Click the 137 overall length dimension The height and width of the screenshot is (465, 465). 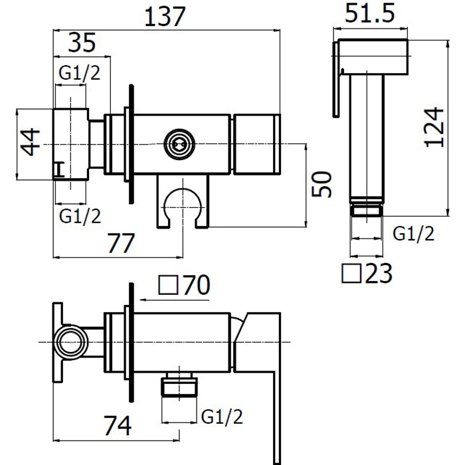click(x=165, y=17)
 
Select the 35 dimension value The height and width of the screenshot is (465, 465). click(x=82, y=43)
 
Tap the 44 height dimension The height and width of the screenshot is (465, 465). click(x=31, y=141)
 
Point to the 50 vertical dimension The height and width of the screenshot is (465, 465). click(x=322, y=184)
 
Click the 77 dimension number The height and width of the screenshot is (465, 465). click(x=122, y=243)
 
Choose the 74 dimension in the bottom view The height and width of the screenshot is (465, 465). click(x=118, y=426)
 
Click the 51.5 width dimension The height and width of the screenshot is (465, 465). click(x=370, y=13)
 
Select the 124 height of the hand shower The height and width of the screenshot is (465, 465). click(x=434, y=128)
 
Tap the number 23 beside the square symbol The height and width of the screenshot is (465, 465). click(x=379, y=273)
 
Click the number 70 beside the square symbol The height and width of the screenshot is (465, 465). click(x=197, y=285)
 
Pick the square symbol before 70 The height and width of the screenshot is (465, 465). click(x=168, y=285)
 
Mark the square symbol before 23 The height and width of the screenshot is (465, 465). click(x=351, y=273)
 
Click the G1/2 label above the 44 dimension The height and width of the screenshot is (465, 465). click(x=80, y=72)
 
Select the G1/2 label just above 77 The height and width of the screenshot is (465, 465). click(x=80, y=216)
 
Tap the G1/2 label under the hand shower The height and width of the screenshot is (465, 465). click(x=413, y=233)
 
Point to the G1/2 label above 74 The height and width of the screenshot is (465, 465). click(x=222, y=417)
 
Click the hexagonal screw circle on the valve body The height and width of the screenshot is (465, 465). click(x=179, y=144)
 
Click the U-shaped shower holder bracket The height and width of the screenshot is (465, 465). click(x=183, y=201)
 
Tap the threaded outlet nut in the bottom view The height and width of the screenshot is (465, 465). click(x=179, y=385)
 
